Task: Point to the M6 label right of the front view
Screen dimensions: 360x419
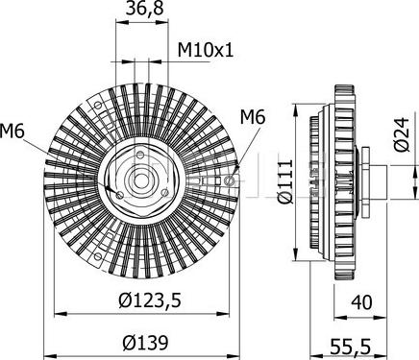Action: point(252,117)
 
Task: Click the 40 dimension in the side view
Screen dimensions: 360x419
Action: point(363,304)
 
